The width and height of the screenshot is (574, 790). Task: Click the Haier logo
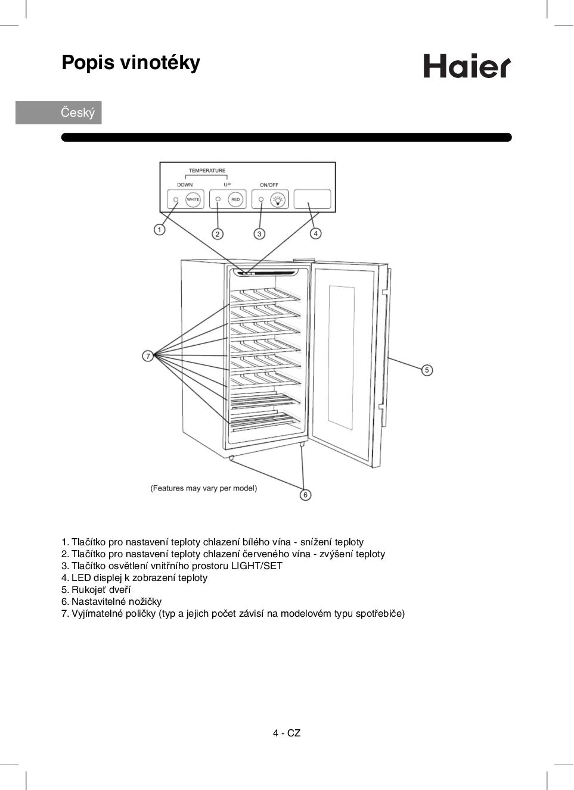coord(467,66)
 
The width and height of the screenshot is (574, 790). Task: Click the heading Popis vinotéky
coord(131,63)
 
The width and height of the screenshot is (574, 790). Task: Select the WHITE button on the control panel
coord(193,199)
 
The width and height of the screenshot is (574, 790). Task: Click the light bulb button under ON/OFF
coord(278,200)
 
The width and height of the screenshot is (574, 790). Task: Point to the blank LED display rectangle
coord(312,199)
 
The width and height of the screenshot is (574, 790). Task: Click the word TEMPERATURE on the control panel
coord(207,170)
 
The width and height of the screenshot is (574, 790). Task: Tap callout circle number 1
coord(159,230)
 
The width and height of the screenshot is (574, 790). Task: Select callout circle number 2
coord(218,234)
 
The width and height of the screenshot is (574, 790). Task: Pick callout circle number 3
coord(259,234)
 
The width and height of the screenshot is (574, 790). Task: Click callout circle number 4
coord(316,234)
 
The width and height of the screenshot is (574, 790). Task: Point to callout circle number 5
coord(427,370)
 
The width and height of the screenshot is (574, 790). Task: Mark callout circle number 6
coord(305,495)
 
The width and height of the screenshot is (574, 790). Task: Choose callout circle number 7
coord(148,356)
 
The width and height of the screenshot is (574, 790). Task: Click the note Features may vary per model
coord(204,488)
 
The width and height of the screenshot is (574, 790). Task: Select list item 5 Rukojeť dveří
coord(96,589)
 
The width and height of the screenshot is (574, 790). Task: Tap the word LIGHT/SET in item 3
coord(257,566)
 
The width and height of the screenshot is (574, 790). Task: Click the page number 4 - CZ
coord(287,733)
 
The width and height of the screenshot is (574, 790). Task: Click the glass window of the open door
coord(342,357)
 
